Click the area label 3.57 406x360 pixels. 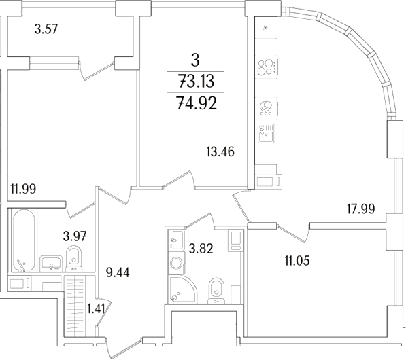48,29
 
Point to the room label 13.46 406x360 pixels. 220,151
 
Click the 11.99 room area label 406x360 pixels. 24,190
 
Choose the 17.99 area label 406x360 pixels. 361,209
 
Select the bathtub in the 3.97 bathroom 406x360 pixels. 22,241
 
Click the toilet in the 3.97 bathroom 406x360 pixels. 73,258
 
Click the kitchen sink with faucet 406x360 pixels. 266,132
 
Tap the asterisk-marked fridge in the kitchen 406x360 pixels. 265,28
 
